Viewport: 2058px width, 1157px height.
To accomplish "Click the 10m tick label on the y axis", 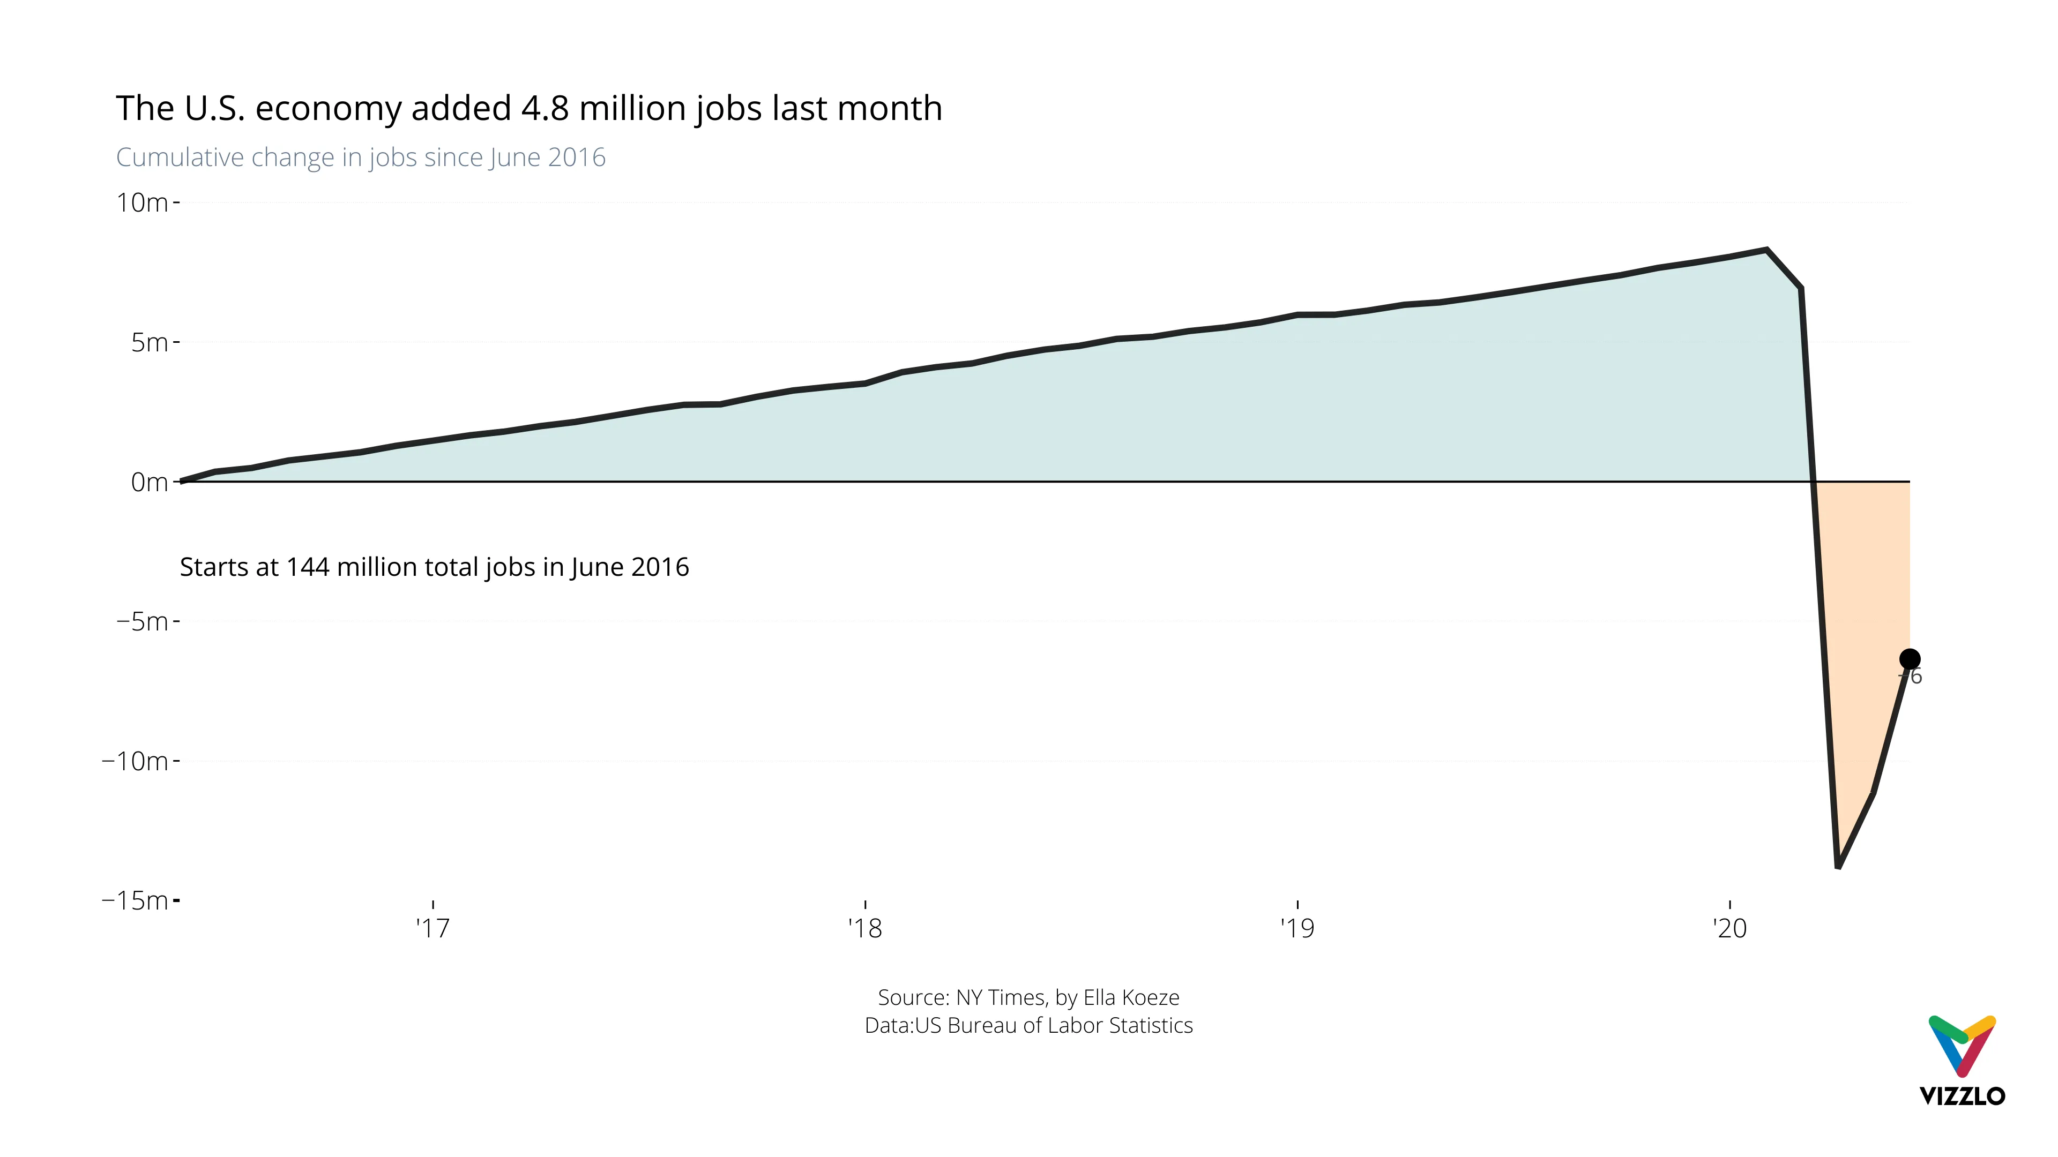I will [142, 203].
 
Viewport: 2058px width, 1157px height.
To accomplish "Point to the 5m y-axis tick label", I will [150, 343].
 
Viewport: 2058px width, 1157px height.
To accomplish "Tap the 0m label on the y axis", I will [150, 482].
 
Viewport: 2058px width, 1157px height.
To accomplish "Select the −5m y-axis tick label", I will [142, 621].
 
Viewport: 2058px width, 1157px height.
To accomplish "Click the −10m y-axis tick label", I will [135, 761].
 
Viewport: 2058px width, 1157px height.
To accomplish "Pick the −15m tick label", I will [135, 900].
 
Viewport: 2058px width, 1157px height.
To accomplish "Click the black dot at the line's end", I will [1910, 659].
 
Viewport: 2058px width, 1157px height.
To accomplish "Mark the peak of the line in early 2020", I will [1767, 250].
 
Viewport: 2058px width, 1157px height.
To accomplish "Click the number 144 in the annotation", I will [308, 567].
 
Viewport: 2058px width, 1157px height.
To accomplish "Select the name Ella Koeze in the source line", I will [1130, 997].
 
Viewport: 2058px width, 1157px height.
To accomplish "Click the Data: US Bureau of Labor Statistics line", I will [1028, 1025].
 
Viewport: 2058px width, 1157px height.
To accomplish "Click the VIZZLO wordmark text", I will [1962, 1095].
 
